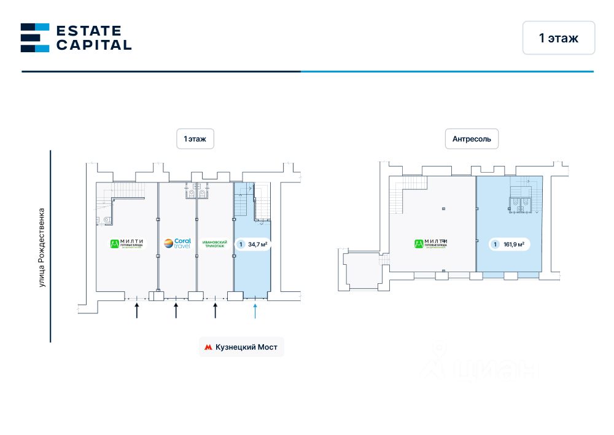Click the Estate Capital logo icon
[34, 37]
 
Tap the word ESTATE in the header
[88, 31]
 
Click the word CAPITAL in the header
[93, 45]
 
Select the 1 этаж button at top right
[559, 38]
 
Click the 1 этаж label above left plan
[195, 139]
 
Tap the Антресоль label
[472, 139]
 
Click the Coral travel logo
[177, 243]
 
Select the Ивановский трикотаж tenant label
[215, 244]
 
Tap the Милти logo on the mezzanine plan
[430, 244]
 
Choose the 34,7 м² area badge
[253, 244]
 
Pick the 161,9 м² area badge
[509, 244]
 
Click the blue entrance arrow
[255, 309]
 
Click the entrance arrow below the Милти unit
[137, 309]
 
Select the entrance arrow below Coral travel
[176, 309]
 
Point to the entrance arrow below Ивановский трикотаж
[216, 309]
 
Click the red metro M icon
[208, 347]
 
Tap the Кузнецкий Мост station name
[246, 347]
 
